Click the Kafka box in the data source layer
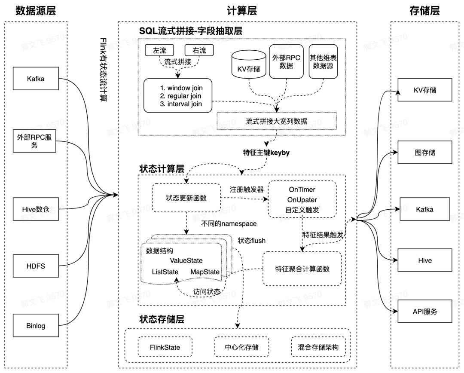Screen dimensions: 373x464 [x=36, y=79]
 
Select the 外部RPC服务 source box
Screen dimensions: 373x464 [x=35, y=141]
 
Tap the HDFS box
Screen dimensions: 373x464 [x=36, y=266]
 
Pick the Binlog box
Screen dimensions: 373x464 [x=36, y=326]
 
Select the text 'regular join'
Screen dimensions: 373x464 [x=180, y=96]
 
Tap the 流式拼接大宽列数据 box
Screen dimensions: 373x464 [x=276, y=121]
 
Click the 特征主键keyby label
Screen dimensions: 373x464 [x=266, y=152]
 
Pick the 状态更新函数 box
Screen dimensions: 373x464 [x=186, y=198]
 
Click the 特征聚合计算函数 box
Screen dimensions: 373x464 [x=302, y=269]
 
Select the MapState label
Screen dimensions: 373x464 [x=205, y=272]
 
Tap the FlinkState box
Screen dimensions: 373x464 [x=165, y=347]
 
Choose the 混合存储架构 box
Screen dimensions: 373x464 [x=318, y=347]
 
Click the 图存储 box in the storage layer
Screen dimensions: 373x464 [x=425, y=153]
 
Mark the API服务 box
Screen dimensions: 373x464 [x=425, y=312]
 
